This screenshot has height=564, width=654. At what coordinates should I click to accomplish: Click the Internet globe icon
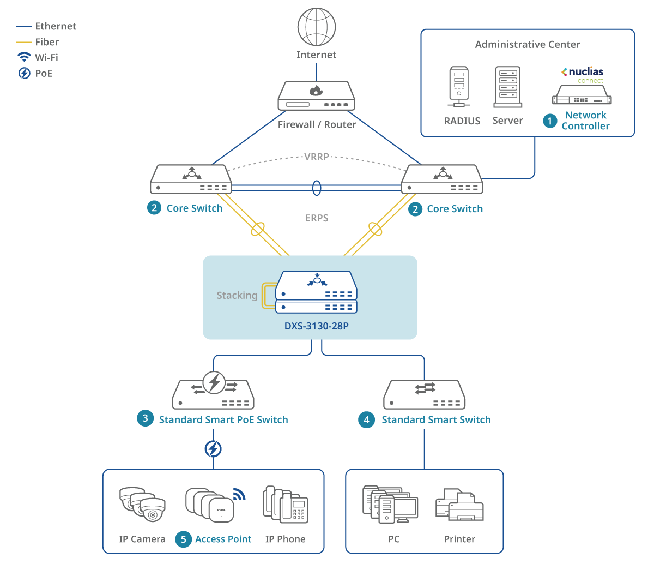[317, 27]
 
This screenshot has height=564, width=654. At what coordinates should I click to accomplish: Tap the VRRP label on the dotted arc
[317, 157]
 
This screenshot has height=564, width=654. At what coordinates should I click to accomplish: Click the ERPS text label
[317, 218]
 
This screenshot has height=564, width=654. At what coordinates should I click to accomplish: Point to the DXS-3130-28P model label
[317, 326]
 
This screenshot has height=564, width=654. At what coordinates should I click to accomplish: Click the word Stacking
[237, 296]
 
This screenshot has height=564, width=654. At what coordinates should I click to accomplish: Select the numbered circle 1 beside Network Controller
[550, 121]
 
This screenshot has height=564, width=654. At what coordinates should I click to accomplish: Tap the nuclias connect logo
[583, 75]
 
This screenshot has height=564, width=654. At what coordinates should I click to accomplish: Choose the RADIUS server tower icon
[459, 88]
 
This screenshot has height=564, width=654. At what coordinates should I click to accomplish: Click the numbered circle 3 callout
[145, 419]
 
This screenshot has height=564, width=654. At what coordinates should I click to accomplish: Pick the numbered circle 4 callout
[366, 419]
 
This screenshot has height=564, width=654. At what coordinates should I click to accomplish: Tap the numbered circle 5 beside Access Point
[183, 539]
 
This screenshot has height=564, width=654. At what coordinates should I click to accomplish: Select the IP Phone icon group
[286, 504]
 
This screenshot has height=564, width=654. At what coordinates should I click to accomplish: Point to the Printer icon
[459, 505]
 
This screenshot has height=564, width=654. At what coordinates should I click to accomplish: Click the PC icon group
[390, 504]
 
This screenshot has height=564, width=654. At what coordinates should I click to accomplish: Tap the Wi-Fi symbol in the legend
[25, 57]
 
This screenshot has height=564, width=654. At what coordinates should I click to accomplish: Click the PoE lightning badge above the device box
[213, 449]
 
